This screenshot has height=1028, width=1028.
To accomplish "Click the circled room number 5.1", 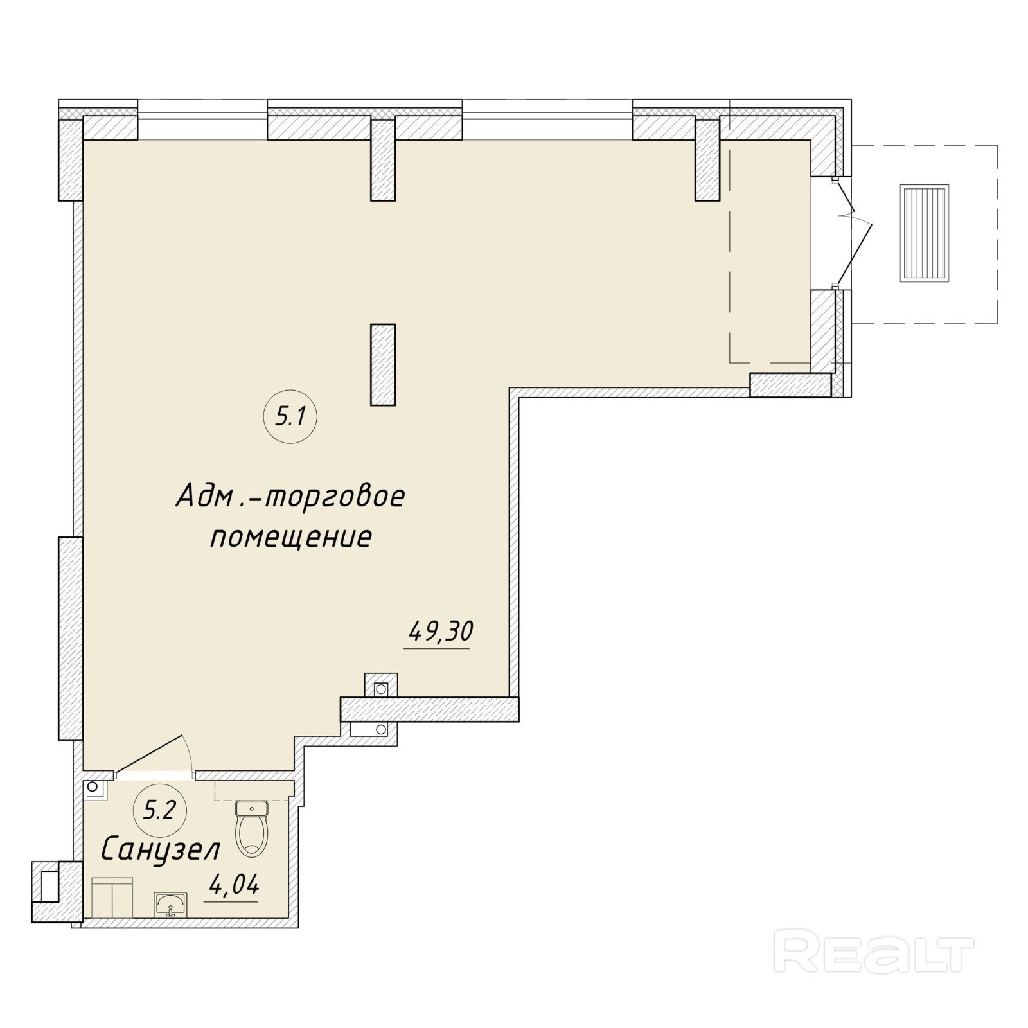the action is click(x=289, y=418).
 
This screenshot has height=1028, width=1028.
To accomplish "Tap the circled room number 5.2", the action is click(x=159, y=811).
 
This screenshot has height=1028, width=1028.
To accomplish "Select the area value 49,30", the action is click(x=441, y=632).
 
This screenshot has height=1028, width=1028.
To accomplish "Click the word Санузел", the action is click(x=161, y=849).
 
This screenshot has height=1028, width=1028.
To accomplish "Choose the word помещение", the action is click(x=291, y=537).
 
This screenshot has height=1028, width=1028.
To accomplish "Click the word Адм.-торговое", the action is click(x=290, y=496).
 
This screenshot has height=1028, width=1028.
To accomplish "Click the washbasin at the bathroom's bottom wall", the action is click(x=170, y=904).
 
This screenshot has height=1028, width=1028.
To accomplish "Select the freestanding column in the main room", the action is click(x=383, y=364).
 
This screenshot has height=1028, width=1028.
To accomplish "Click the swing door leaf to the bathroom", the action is click(x=149, y=755).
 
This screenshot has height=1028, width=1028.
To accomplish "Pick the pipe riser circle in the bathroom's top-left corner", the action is click(x=93, y=786).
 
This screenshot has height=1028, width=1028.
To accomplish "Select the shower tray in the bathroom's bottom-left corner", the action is click(x=112, y=897).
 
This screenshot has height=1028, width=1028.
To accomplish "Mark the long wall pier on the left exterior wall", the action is click(x=71, y=638).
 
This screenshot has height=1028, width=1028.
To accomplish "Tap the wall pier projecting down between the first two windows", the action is click(x=383, y=158).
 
